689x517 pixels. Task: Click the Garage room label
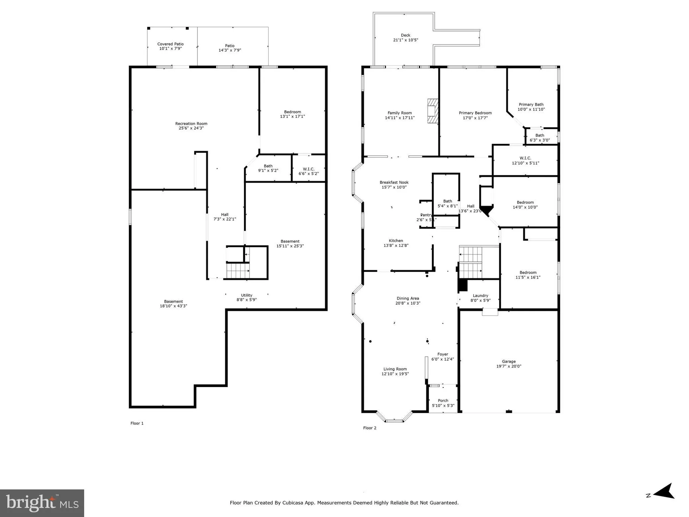509,362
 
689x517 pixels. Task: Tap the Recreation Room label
191,123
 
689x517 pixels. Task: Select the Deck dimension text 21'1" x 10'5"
406,40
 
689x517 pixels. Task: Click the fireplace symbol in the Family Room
432,111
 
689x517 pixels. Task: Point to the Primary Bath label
531,104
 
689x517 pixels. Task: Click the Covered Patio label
170,44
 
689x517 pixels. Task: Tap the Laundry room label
480,295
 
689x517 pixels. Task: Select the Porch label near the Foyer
443,401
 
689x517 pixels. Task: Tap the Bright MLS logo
42,503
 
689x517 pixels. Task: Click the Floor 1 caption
137,423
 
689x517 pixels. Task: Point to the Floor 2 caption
369,428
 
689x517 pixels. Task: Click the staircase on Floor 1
238,271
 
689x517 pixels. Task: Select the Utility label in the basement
246,295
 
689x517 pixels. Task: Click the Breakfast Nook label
394,182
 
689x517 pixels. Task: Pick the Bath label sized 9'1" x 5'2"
268,166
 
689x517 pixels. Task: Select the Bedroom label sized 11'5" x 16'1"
528,272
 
